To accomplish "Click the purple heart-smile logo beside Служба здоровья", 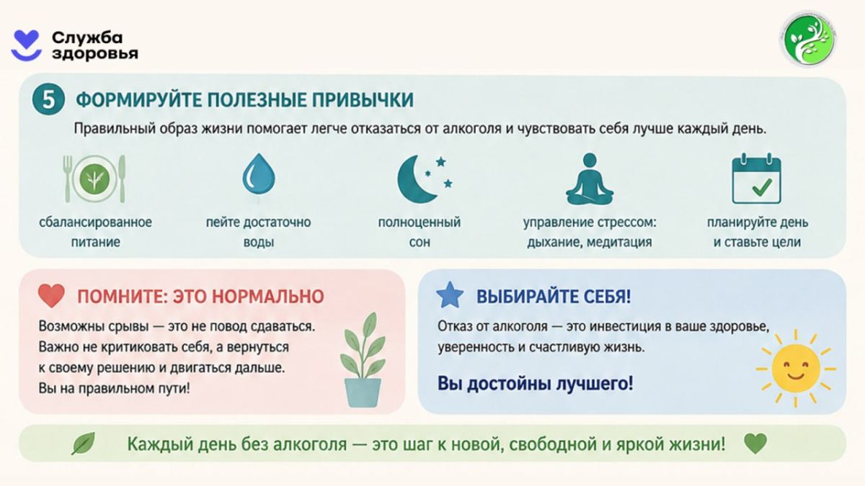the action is [26, 45].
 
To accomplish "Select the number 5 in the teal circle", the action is [48, 99].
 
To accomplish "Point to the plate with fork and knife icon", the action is [94, 179].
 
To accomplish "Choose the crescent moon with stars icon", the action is [425, 179].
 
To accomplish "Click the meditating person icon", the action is [590, 179].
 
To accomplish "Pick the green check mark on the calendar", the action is [762, 186].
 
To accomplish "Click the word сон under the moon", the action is [420, 242].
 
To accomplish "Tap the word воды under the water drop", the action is [259, 242].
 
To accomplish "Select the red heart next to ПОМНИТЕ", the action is [51, 296].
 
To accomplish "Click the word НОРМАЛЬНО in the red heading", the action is [268, 297].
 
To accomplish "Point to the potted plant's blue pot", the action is [363, 392].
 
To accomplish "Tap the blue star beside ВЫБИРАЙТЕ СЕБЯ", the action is [450, 295].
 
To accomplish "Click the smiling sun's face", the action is [796, 369].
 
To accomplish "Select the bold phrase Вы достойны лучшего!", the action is [535, 383].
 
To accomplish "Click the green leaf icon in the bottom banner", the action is [84, 444].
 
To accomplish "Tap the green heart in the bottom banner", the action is [755, 444].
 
